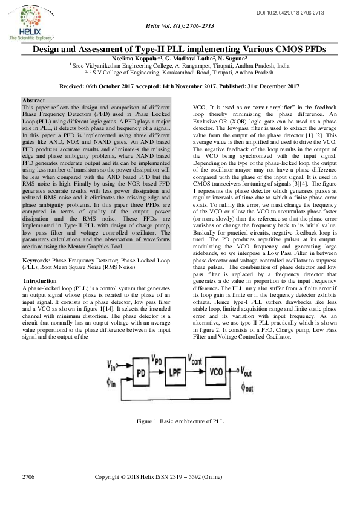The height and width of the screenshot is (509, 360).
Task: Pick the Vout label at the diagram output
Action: pos(247,370)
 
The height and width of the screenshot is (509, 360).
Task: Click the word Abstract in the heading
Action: pos(33,99)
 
